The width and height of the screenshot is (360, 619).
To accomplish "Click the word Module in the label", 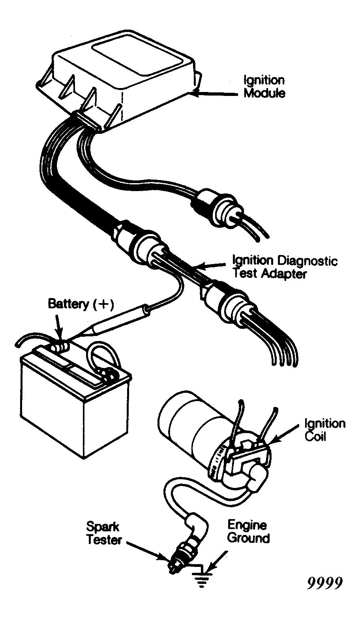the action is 264,93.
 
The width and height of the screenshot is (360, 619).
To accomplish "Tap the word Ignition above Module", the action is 264,81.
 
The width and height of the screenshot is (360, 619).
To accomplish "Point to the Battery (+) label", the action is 81,304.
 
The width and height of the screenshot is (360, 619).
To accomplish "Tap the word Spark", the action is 103,527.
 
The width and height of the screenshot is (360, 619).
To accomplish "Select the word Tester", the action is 104,539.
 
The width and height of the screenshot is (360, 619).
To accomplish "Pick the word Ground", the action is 248,538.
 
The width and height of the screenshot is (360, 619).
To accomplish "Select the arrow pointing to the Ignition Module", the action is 214,94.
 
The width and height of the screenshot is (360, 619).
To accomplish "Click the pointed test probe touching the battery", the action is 111,324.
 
